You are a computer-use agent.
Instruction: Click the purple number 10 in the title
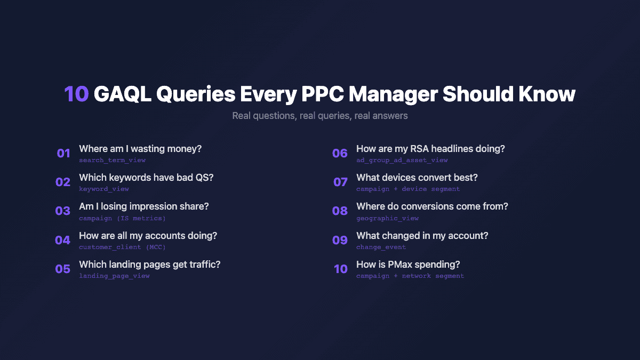pyautogui.click(x=76, y=94)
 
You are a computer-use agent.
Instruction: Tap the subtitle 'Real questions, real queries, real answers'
pyautogui.click(x=320, y=115)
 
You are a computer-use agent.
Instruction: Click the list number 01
pyautogui.click(x=63, y=154)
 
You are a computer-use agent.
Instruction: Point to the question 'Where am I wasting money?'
pyautogui.click(x=140, y=149)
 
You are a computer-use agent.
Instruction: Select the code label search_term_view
pyautogui.click(x=112, y=160)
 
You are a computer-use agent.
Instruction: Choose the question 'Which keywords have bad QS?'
pyautogui.click(x=146, y=178)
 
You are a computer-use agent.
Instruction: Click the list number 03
pyautogui.click(x=63, y=211)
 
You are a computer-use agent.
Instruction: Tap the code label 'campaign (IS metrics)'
pyautogui.click(x=122, y=218)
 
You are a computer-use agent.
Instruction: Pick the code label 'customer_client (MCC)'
pyautogui.click(x=122, y=247)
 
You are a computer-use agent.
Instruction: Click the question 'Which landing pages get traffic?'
pyautogui.click(x=150, y=265)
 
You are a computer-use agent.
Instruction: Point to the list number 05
pyautogui.click(x=63, y=269)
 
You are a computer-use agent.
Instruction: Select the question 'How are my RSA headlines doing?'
pyautogui.click(x=430, y=149)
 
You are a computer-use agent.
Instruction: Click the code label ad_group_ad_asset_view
pyautogui.click(x=402, y=160)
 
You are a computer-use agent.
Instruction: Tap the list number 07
pyautogui.click(x=340, y=182)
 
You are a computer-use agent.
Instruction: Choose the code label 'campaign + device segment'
pyautogui.click(x=408, y=189)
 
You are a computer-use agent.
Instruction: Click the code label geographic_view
pyautogui.click(x=387, y=218)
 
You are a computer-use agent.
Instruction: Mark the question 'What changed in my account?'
pyautogui.click(x=422, y=236)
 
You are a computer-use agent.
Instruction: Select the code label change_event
pyautogui.click(x=381, y=247)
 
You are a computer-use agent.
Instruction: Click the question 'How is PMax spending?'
pyautogui.click(x=408, y=265)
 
